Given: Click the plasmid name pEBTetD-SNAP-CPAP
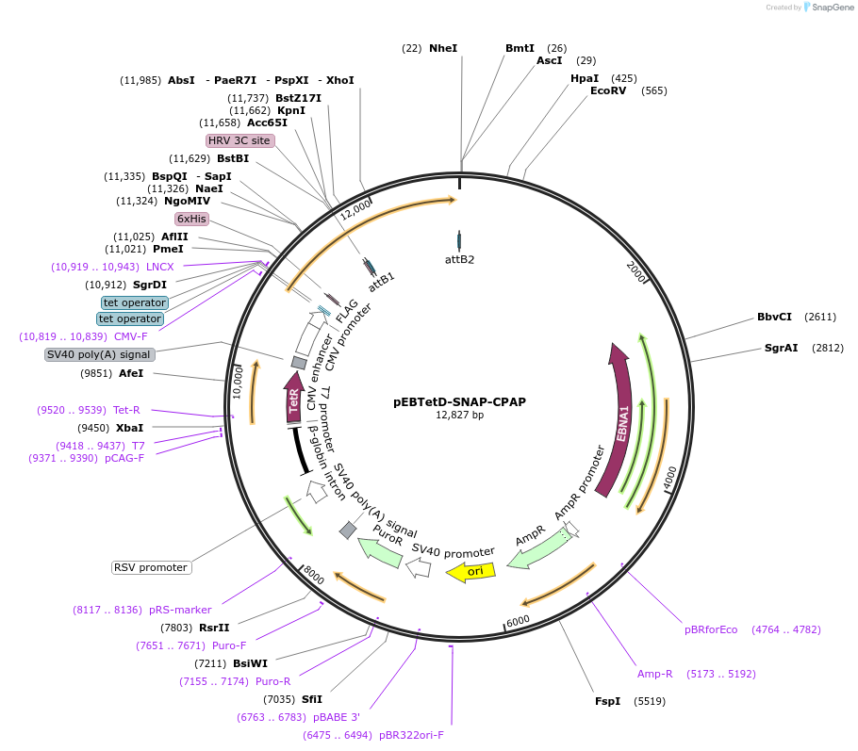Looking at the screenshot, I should coord(459,401).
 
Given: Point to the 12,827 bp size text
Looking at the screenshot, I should coord(459,415).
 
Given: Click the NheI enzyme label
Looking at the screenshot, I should coord(442,48).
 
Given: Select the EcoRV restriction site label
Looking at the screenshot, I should coord(608,91).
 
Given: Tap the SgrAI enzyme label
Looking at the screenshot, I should coord(781,348).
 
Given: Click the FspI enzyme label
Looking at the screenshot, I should coord(607,701).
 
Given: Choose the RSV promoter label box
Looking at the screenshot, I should coord(151,567).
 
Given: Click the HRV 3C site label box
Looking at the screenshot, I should coord(239,140).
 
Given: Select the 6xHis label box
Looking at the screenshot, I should coord(191,219).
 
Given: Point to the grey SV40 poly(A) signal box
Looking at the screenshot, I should coord(99,354).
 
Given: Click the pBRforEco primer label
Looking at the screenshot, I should coord(711,629).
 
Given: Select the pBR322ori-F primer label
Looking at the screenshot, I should coord(411,735).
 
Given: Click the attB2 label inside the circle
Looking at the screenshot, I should coord(459,259).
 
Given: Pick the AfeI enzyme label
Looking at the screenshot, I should coord(131,373).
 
